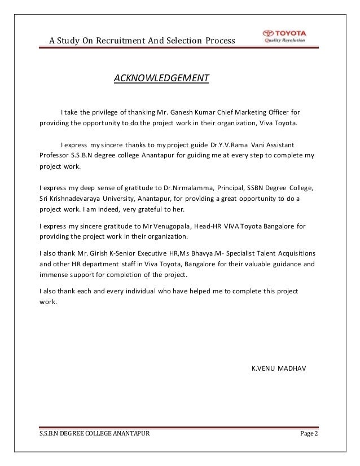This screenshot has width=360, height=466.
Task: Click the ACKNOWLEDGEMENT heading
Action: tap(161, 77)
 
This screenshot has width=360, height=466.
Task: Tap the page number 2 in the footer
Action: tap(316, 433)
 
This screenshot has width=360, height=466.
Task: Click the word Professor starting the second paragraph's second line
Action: tap(54, 154)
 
